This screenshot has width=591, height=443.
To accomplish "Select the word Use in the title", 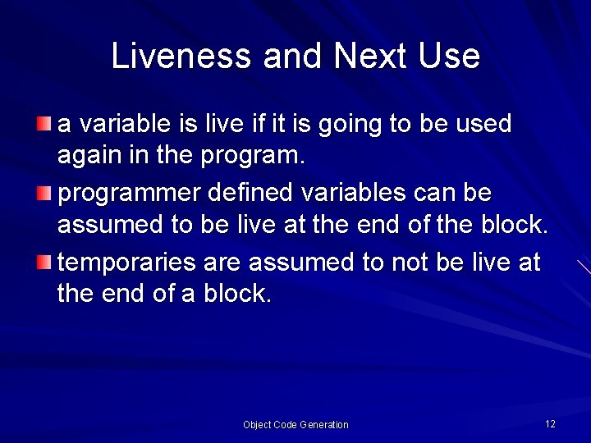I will click(448, 57).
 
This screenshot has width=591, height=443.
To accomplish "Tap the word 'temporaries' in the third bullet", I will click(126, 263).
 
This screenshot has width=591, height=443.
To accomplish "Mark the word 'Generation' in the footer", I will click(323, 425).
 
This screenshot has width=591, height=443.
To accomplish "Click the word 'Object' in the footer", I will click(259, 425).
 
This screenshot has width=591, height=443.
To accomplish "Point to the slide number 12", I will click(550, 423).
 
